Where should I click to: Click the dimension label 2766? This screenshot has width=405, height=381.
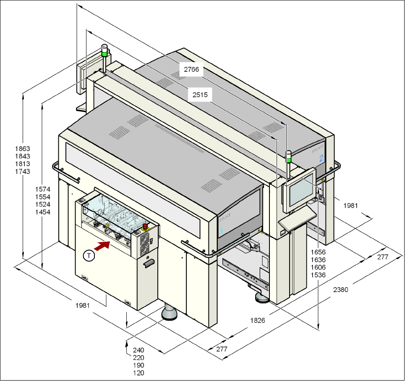[x=191, y=69]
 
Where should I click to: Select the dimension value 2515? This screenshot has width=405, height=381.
[x=200, y=95]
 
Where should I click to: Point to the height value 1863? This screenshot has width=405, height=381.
[x=23, y=149]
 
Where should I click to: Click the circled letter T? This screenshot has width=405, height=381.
[x=89, y=256]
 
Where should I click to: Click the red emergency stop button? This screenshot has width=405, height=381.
[x=145, y=227]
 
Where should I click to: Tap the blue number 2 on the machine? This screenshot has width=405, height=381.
[x=321, y=158]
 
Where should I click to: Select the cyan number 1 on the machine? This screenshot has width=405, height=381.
[x=221, y=231]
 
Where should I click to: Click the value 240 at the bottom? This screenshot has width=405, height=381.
[x=138, y=350]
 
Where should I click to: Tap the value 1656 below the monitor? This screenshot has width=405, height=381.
[x=318, y=252]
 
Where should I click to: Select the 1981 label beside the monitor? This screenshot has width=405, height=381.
[x=350, y=206]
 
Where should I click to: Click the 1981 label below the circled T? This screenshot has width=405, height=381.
[x=83, y=305]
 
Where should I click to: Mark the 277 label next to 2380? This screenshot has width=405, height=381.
[x=383, y=257]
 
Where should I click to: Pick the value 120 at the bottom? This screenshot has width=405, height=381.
[x=138, y=373]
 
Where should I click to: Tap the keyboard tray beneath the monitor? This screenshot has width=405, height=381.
[x=297, y=219]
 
